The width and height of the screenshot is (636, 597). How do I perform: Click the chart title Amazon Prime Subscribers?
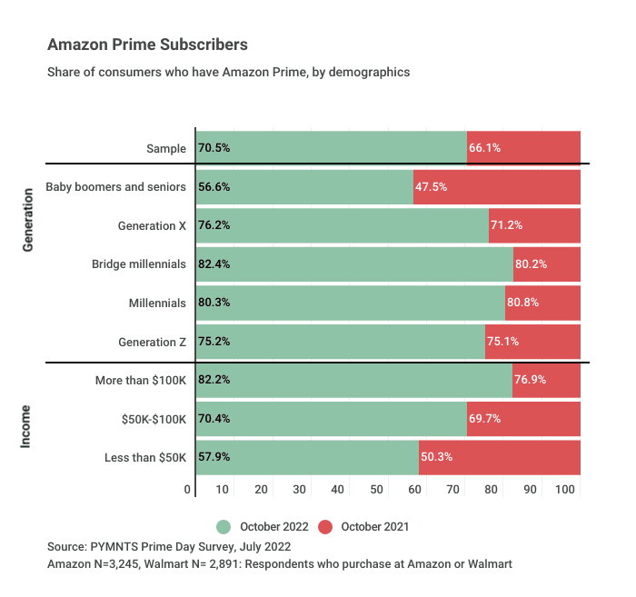pyautogui.click(x=147, y=45)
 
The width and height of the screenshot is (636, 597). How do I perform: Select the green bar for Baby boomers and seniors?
pyautogui.click(x=304, y=186)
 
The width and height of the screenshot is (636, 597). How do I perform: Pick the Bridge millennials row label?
pyautogui.click(x=139, y=264)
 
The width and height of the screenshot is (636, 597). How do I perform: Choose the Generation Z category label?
pyautogui.click(x=153, y=343)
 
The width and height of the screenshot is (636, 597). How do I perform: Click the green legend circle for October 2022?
pyautogui.click(x=224, y=526)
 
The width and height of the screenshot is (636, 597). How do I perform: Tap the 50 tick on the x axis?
pyautogui.click(x=377, y=490)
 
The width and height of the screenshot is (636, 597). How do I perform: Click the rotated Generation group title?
pyautogui.click(x=27, y=225)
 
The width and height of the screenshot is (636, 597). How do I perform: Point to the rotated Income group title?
pyautogui.click(x=27, y=419)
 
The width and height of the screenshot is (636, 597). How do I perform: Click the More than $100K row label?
pyautogui.click(x=141, y=380)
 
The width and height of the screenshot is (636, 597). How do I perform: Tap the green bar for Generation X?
pyautogui.click(x=342, y=225)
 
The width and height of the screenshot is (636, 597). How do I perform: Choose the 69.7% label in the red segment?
pyautogui.click(x=484, y=419)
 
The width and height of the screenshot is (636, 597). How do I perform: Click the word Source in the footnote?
pyautogui.click(x=68, y=547)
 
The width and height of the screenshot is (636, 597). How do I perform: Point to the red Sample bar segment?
pyautogui.click(x=524, y=148)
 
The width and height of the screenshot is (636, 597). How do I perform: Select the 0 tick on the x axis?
pyautogui.click(x=188, y=490)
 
